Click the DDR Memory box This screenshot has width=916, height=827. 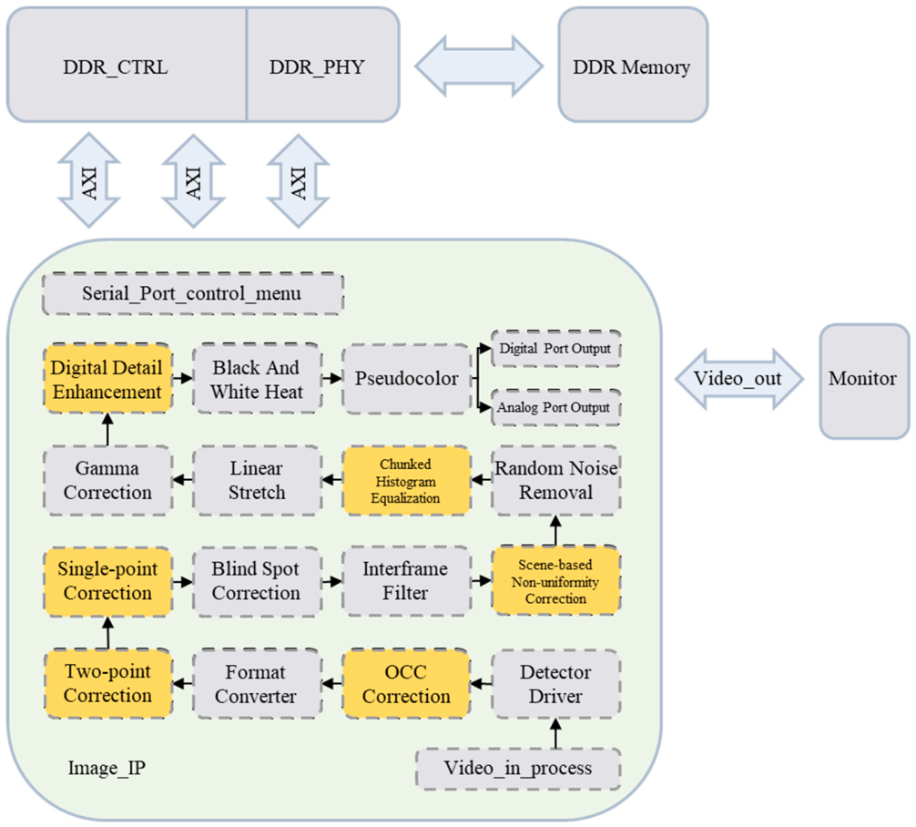point(633,65)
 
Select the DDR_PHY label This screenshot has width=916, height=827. point(317,67)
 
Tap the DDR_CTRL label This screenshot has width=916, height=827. point(115,67)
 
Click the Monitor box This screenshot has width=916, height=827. point(865,381)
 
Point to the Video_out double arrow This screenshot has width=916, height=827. point(739,379)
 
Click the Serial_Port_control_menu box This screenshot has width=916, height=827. point(193,293)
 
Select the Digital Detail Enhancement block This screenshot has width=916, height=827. point(107,379)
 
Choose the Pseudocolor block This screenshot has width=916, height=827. point(407,379)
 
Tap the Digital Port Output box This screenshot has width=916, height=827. point(555,349)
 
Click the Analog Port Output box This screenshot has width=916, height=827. point(555,407)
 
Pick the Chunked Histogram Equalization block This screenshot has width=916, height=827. point(407,480)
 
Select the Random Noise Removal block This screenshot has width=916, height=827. point(555,480)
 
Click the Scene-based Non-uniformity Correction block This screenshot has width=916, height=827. point(555,581)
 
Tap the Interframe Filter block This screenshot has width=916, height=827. point(407,581)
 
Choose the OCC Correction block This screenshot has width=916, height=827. point(407,684)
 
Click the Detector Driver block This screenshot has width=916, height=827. point(555,684)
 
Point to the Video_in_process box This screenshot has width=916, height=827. point(518,769)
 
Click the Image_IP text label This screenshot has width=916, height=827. point(107,768)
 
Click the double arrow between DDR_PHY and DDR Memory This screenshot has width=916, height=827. point(479,66)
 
